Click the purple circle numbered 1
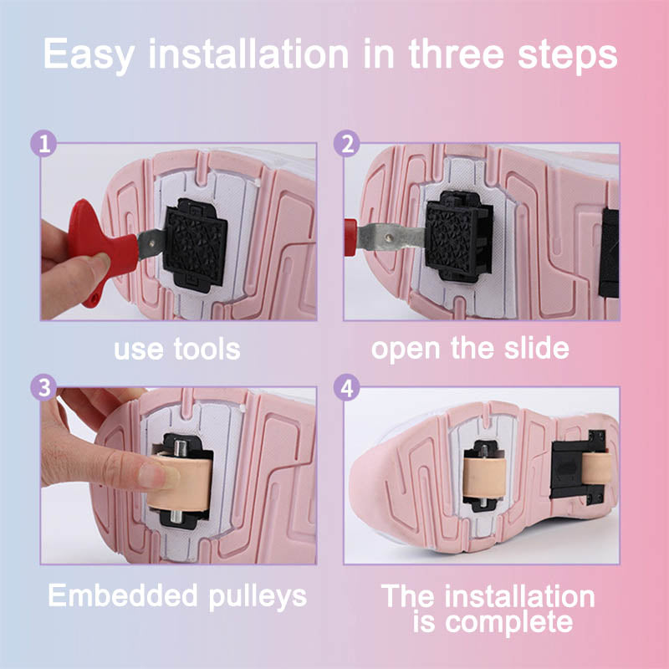click(x=44, y=143)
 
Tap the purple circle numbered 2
click(x=347, y=143)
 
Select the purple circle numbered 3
click(x=44, y=387)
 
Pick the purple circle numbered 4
click(x=347, y=387)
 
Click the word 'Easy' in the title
click(x=89, y=55)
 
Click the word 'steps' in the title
click(x=568, y=55)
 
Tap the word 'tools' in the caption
click(x=207, y=349)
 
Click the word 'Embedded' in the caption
click(x=123, y=595)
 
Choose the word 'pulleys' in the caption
click(x=258, y=596)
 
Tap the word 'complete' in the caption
click(x=508, y=622)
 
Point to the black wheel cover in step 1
click(x=195, y=245)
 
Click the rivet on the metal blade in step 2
click(x=388, y=237)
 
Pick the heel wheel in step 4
click(x=596, y=468)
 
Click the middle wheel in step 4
click(x=485, y=477)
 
